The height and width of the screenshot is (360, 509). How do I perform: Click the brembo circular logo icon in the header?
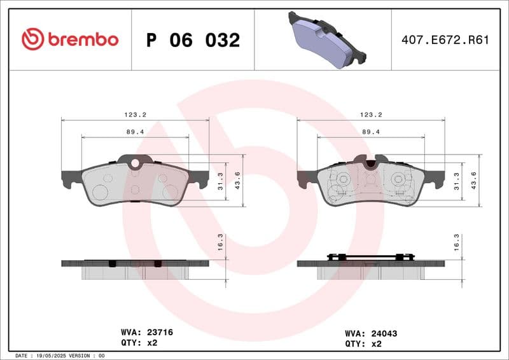pos(32,39)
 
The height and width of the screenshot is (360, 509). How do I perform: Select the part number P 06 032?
pos(193,40)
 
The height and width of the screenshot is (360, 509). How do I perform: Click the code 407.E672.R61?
pos(445,40)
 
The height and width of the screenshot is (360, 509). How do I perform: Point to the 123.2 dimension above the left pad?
pos(136,114)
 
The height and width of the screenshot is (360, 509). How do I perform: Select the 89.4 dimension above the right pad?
pos(371,132)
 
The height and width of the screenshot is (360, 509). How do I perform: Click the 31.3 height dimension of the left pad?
pos(221,181)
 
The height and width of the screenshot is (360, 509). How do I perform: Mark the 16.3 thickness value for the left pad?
pos(221,242)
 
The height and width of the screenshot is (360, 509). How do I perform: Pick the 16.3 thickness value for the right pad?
pos(456,242)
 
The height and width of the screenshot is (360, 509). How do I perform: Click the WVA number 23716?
pos(160,332)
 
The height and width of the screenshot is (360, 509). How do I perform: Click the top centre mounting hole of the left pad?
pos(135,163)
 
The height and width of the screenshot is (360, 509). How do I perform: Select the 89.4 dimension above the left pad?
pos(136,132)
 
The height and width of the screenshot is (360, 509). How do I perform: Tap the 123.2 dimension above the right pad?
pos(371,114)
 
